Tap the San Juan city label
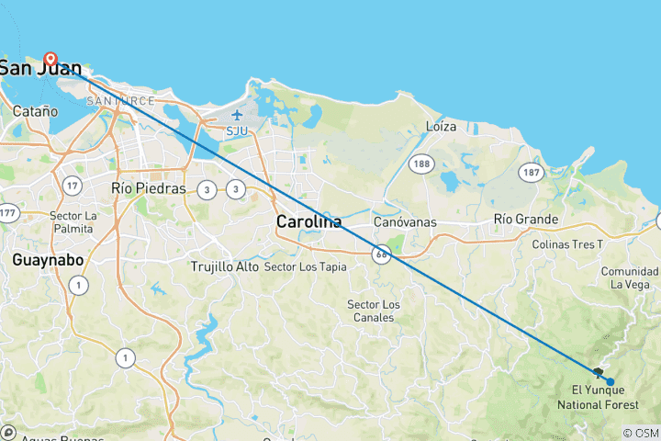coord(40,68)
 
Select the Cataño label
coord(37,111)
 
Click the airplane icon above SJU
coord(238,115)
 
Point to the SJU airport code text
coord(238,130)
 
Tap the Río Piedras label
coord(148,188)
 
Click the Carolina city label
coord(309,221)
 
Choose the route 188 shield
coord(421,164)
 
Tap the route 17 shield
coord(73,186)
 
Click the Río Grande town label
coord(525,220)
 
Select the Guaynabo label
coord(49,260)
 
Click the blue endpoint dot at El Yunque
coord(611,381)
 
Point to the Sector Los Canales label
coord(374,311)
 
